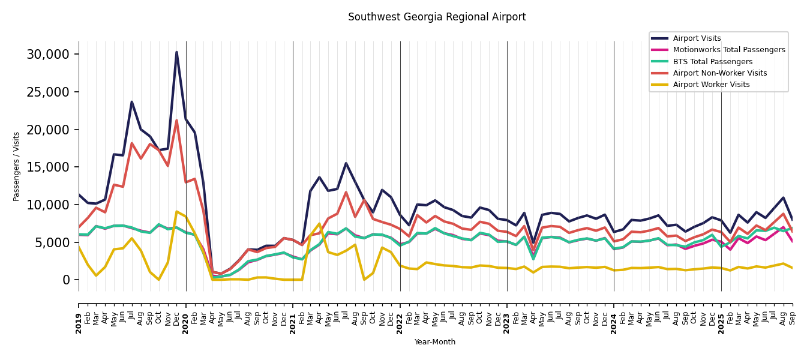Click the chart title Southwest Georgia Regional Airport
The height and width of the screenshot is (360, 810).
[437, 17]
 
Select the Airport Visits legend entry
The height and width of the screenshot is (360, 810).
[697, 38]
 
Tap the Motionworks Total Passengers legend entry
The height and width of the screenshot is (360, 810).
[728, 50]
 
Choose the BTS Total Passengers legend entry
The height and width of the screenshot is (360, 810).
[712, 62]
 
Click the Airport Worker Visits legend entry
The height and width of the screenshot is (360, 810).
[711, 85]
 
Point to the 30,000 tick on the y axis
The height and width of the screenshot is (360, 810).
[48, 55]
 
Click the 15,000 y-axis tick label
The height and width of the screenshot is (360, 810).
[48, 167]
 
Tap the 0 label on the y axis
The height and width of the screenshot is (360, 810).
[66, 280]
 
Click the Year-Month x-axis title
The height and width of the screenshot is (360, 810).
[435, 342]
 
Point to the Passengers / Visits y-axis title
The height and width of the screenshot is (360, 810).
[16, 166]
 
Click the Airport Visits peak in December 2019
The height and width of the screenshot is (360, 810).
[176, 52]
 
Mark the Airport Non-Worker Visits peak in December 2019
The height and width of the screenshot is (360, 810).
[176, 121]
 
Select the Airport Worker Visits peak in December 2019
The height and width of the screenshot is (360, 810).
[176, 211]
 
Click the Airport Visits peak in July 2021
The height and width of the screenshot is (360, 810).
[346, 163]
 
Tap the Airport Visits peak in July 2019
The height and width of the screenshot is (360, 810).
[132, 102]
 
